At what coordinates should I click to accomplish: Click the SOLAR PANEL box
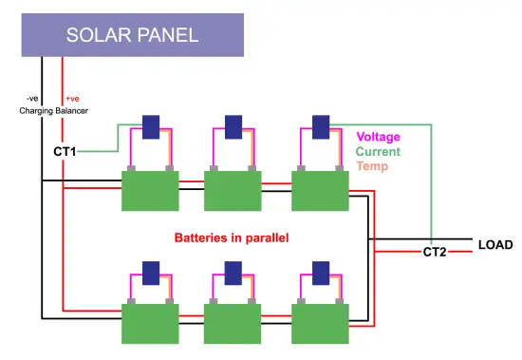(132, 36)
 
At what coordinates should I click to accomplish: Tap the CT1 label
(65, 150)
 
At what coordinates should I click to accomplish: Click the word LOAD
(494, 244)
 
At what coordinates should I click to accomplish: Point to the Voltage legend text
(378, 137)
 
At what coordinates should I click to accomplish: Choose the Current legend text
(378, 151)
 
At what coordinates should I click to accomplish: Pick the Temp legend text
(372, 165)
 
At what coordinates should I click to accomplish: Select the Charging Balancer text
(53, 111)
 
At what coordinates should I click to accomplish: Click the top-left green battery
(149, 189)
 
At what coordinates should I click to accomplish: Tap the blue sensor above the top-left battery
(150, 126)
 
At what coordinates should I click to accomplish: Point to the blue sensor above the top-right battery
(321, 126)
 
